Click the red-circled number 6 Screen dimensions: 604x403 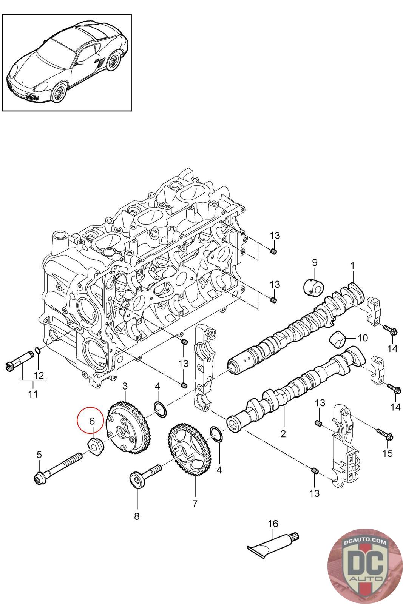(91, 420)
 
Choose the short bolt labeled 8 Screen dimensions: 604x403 (145, 474)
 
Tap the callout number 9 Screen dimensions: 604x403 (314, 262)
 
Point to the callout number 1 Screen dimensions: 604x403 (352, 266)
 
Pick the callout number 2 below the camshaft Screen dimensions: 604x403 (283, 434)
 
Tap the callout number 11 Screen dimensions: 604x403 (33, 394)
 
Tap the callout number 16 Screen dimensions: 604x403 (273, 524)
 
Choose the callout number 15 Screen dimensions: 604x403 (388, 453)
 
